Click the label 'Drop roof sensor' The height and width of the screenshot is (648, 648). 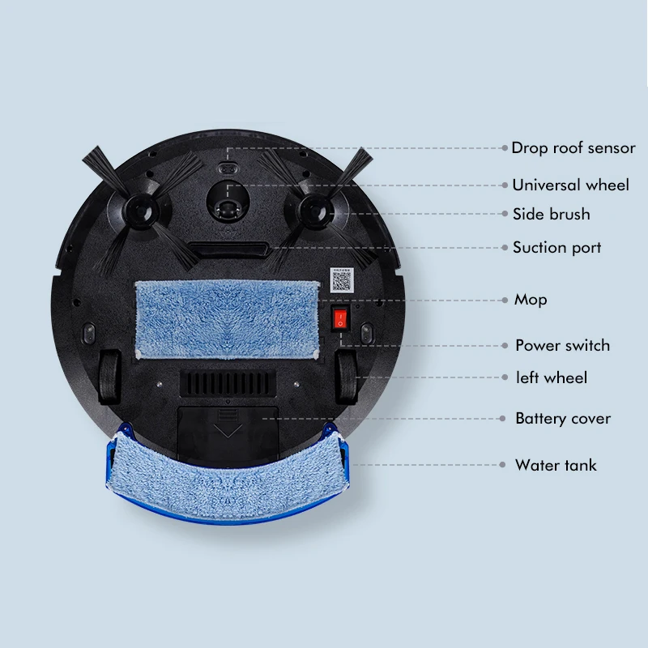[573, 148]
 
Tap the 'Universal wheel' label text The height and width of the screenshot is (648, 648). [570, 185]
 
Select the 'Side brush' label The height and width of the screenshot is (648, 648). [551, 214]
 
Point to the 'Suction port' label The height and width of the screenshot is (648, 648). [556, 247]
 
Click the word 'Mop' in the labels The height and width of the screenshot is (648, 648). [531, 300]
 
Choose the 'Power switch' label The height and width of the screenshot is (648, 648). [562, 345]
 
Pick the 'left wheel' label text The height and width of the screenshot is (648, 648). [552, 377]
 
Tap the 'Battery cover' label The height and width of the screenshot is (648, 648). [563, 419]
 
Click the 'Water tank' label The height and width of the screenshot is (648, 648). [556, 465]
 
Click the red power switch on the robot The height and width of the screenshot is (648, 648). [340, 318]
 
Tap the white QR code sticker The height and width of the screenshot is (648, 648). [342, 280]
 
